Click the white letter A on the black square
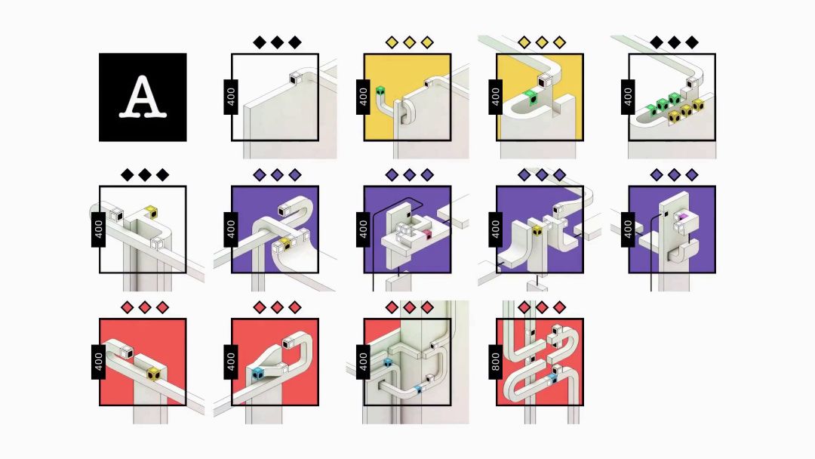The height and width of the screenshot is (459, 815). pyautogui.click(x=143, y=97)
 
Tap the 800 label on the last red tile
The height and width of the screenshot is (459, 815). pyautogui.click(x=495, y=362)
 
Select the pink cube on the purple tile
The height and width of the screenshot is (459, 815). pyautogui.click(x=427, y=234)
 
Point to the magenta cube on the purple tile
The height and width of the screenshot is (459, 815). pyautogui.click(x=682, y=216)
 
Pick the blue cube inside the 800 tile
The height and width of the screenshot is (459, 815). pyautogui.click(x=552, y=377)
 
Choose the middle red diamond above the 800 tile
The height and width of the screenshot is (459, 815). pyautogui.click(x=542, y=307)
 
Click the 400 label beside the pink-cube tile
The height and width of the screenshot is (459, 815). pyautogui.click(x=363, y=229)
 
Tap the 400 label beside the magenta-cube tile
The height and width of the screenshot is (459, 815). pyautogui.click(x=628, y=229)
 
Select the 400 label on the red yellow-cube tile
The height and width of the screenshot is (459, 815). pyautogui.click(x=99, y=362)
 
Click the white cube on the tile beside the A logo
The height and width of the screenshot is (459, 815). pyautogui.click(x=295, y=78)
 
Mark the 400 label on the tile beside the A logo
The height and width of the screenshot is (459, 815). pyautogui.click(x=231, y=97)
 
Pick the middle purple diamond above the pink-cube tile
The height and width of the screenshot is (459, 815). pyautogui.click(x=410, y=174)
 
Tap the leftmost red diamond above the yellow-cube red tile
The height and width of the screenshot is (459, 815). pyautogui.click(x=128, y=307)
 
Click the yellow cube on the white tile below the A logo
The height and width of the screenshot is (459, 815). pyautogui.click(x=151, y=211)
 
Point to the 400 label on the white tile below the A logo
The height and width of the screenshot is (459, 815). pyautogui.click(x=99, y=229)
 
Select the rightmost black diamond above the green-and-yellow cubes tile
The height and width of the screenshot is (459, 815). pyautogui.click(x=691, y=42)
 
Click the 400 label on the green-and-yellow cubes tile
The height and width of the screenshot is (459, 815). pyautogui.click(x=628, y=97)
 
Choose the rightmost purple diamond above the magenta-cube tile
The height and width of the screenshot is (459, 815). pyautogui.click(x=691, y=174)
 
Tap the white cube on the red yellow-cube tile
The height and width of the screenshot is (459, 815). pyautogui.click(x=127, y=352)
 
